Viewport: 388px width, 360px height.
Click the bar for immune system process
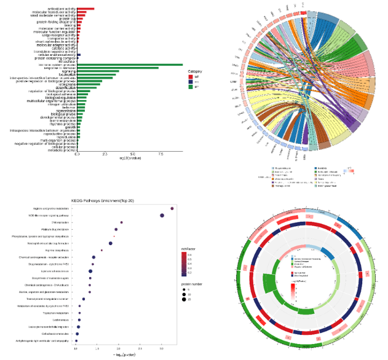click(129, 65)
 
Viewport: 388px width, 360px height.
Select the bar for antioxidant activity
click(85, 9)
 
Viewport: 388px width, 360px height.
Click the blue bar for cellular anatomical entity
click(79, 55)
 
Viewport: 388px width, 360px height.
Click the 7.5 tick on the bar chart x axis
click(161, 154)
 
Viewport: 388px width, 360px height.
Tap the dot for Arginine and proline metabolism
click(172, 209)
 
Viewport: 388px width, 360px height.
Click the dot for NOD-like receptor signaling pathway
click(162, 216)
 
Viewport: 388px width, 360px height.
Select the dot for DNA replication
click(122, 222)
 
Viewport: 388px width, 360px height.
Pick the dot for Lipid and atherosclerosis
click(90, 271)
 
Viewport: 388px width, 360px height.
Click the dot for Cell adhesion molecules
click(77, 333)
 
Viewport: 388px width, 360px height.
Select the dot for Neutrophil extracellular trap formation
click(111, 243)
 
